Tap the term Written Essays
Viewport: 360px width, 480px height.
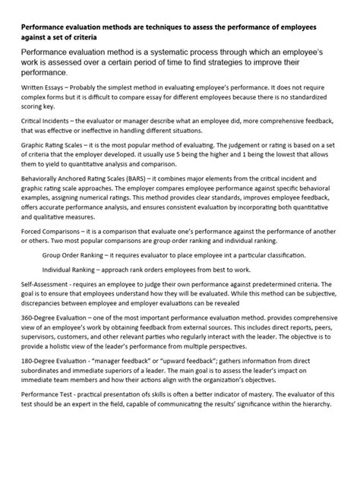[x=42, y=90]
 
